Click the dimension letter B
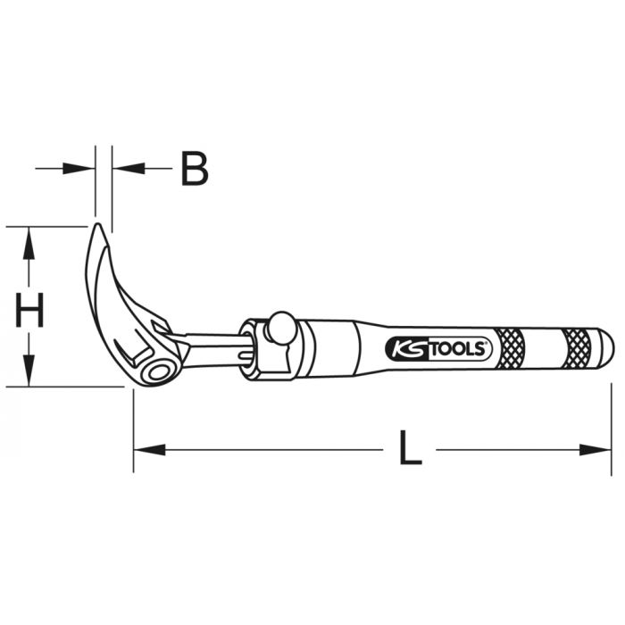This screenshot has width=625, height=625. point(194,168)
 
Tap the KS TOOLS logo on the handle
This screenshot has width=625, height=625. point(438,348)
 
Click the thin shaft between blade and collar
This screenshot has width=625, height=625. point(214,344)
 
